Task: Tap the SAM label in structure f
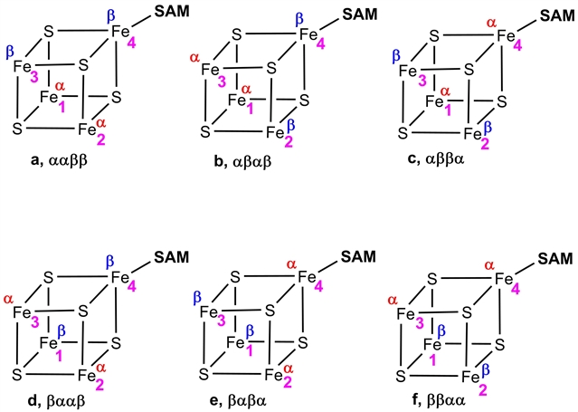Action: click(x=556, y=259)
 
